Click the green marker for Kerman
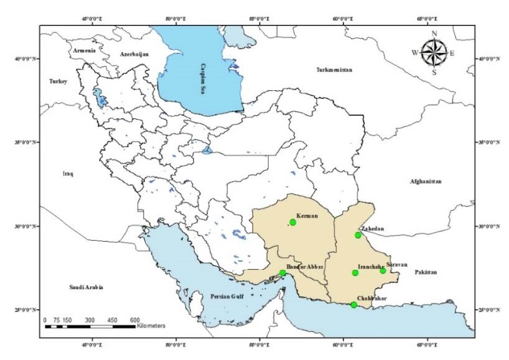click(x=293, y=223)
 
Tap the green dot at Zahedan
click(x=358, y=235)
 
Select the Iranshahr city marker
click(x=355, y=273)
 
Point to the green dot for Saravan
click(x=383, y=270)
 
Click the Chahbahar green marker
click(x=354, y=305)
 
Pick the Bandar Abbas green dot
click(x=283, y=273)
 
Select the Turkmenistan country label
click(x=334, y=70)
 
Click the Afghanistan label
click(x=426, y=182)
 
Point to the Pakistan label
click(x=427, y=272)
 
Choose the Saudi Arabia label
click(x=85, y=288)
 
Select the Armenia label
click(x=84, y=50)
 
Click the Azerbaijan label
click(x=134, y=55)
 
